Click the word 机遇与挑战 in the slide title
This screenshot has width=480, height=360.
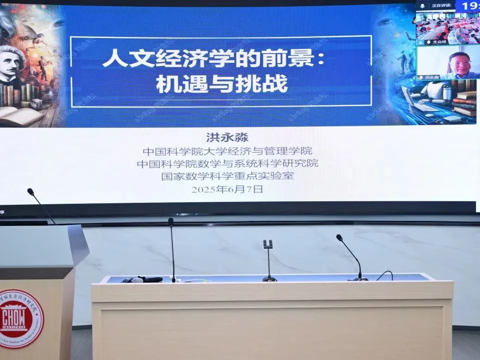221,83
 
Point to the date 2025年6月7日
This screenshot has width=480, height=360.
227,189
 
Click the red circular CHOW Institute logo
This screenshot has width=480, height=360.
21,317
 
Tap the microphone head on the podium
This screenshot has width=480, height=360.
31,192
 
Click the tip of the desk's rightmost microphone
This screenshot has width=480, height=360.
339,237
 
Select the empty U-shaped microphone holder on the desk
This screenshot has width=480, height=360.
268,245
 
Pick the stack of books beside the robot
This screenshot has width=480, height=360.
465,104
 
